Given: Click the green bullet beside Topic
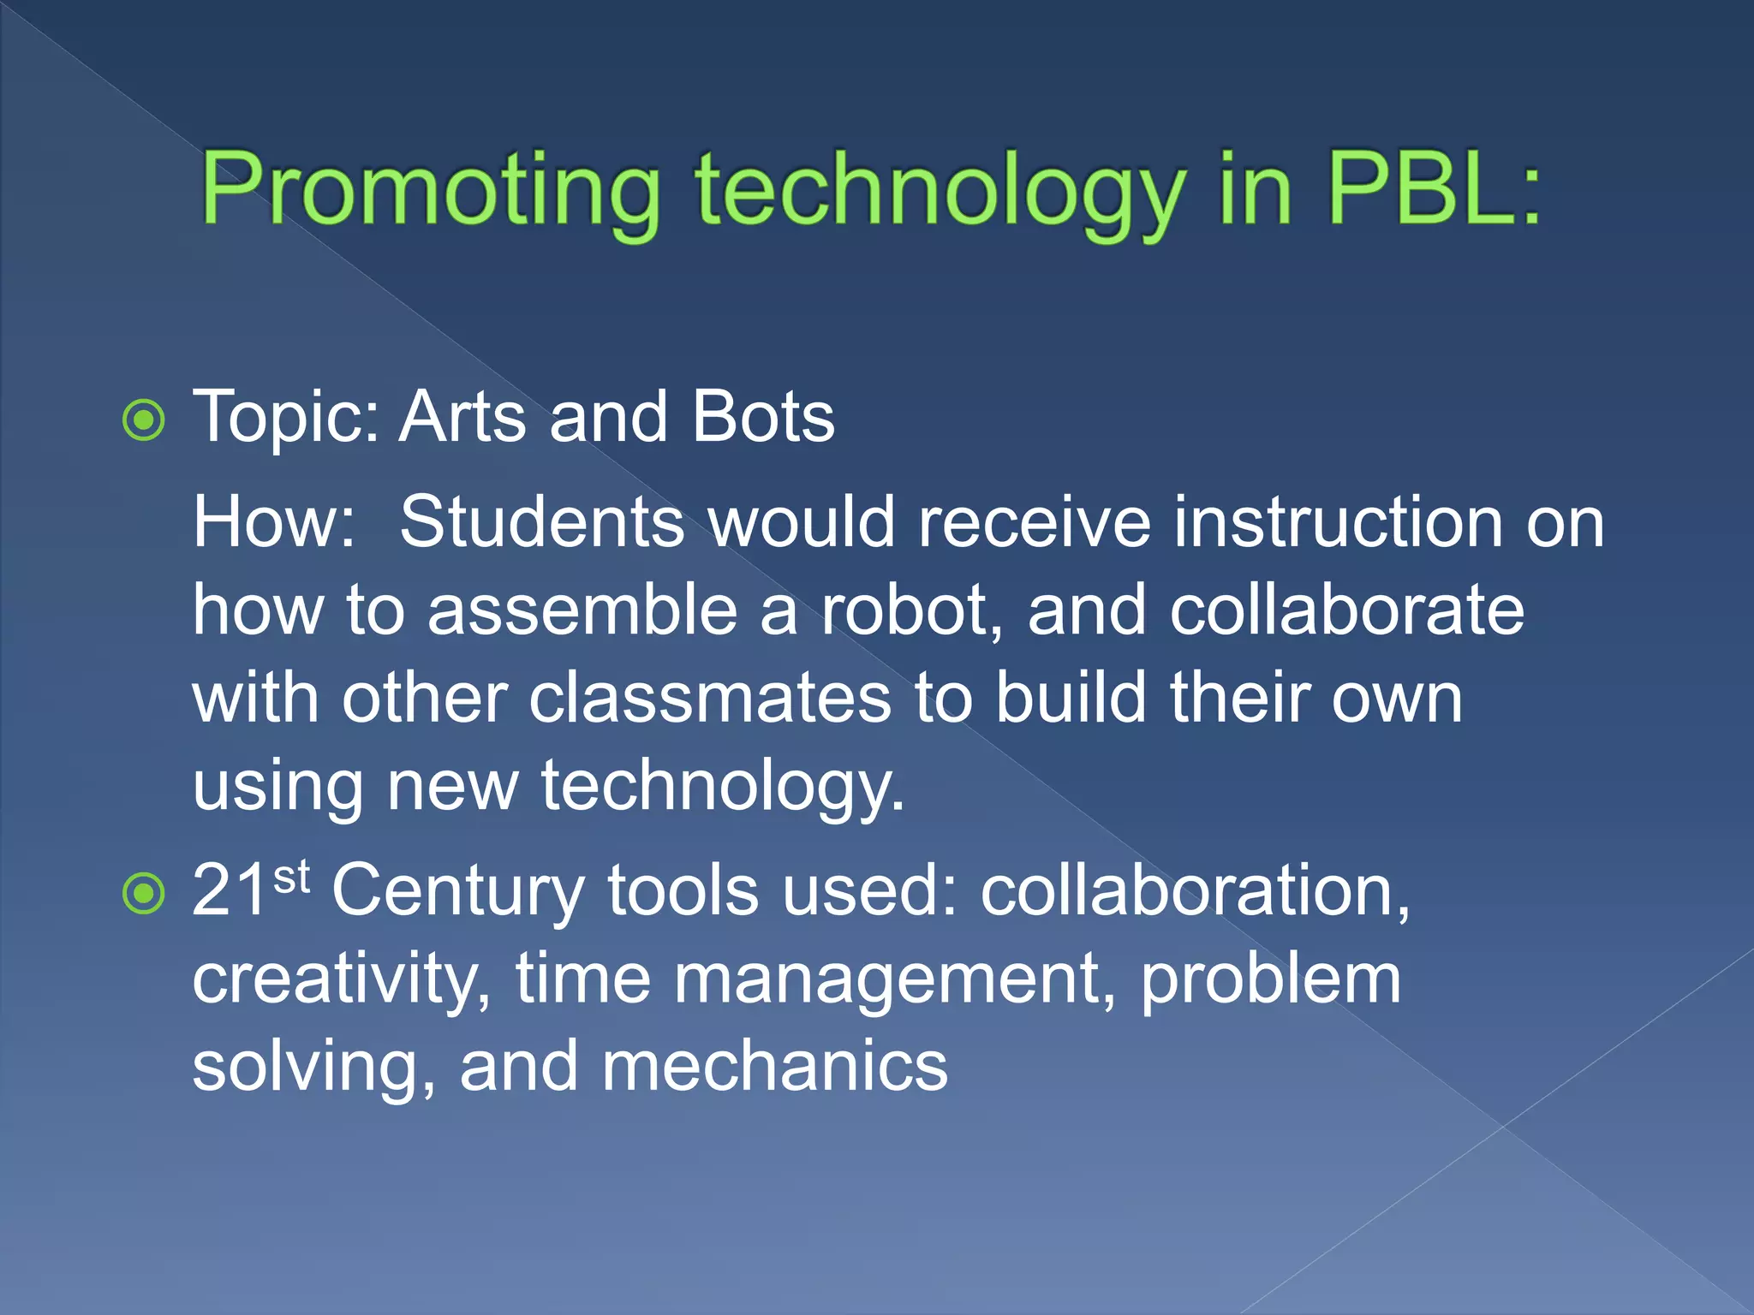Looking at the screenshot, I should click(143, 420).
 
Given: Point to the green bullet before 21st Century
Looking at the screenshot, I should click(143, 894).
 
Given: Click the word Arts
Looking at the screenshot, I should click(462, 417).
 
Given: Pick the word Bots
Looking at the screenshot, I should click(763, 417).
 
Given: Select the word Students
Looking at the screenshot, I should click(542, 521).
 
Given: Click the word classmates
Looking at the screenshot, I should click(710, 698).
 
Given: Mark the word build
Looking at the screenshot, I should click(1071, 698).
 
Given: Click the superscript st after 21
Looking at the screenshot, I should click(291, 877).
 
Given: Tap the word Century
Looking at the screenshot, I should click(458, 890).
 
